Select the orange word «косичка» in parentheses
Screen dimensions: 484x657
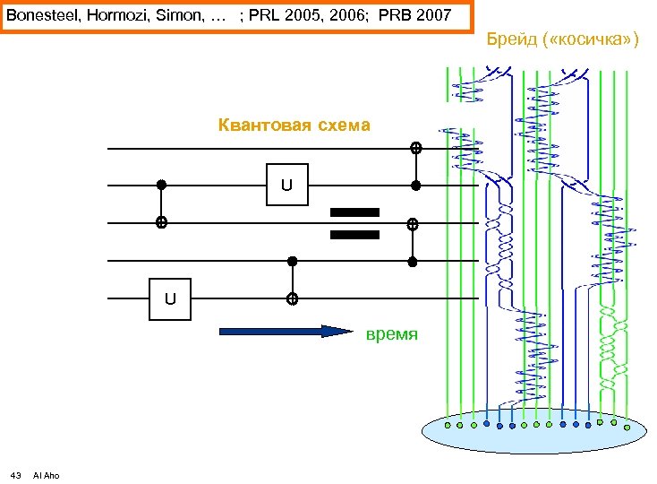pyautogui.click(x=591, y=40)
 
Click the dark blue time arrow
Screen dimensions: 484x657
pyautogui.click(x=286, y=332)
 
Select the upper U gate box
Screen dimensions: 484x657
pyautogui.click(x=286, y=186)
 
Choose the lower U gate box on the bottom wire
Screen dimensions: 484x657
pyautogui.click(x=169, y=298)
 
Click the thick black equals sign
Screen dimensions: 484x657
pyautogui.click(x=355, y=223)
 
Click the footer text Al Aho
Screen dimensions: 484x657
pyautogui.click(x=46, y=475)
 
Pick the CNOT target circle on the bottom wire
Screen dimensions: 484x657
pyautogui.click(x=292, y=298)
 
